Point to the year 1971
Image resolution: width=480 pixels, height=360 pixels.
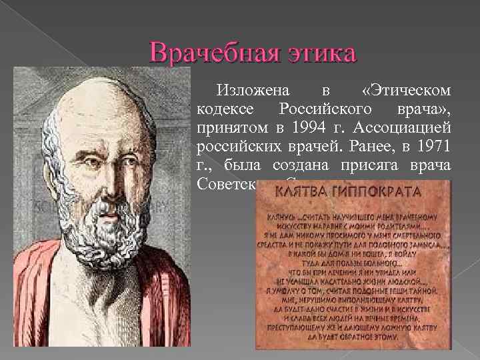click(x=435, y=146)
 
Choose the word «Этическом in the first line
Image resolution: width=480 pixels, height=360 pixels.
click(x=408, y=89)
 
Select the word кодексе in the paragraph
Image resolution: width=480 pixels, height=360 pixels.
click(x=222, y=108)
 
